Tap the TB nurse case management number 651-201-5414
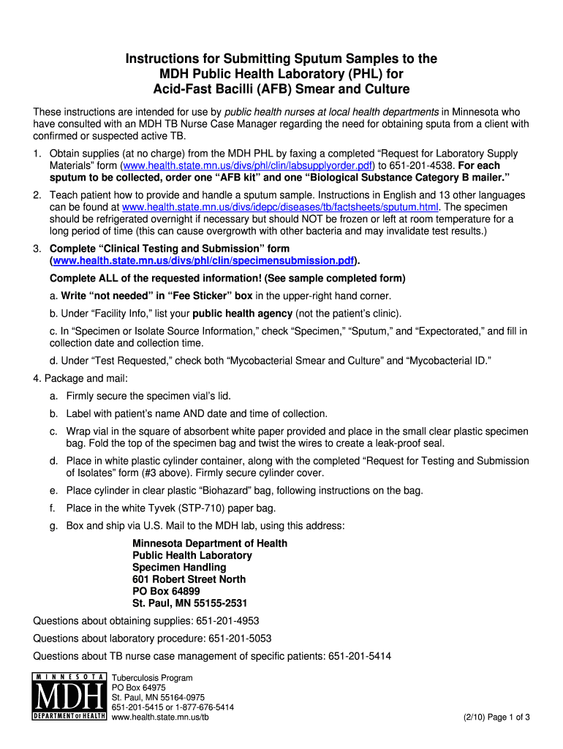coord(360,656)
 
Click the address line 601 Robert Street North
coord(189,579)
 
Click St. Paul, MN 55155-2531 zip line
coord(189,603)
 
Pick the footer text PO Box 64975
coord(138,688)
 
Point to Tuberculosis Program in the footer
coord(152,678)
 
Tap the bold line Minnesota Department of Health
coord(209,543)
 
